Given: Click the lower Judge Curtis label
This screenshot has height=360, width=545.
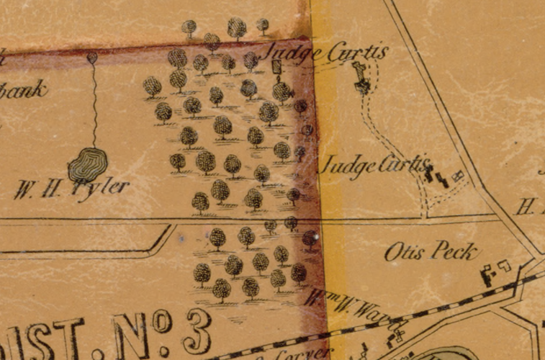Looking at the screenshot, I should [374, 166].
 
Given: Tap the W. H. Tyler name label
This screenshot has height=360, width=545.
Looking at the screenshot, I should [71, 189].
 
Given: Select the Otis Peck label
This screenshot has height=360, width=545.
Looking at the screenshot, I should [431, 251].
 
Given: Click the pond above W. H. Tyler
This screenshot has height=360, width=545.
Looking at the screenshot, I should [88, 165].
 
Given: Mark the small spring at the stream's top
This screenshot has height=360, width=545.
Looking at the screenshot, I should [92, 56].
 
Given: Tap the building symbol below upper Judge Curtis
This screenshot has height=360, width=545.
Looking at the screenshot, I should [361, 78].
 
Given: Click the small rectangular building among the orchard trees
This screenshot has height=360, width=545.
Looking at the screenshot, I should [276, 66].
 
